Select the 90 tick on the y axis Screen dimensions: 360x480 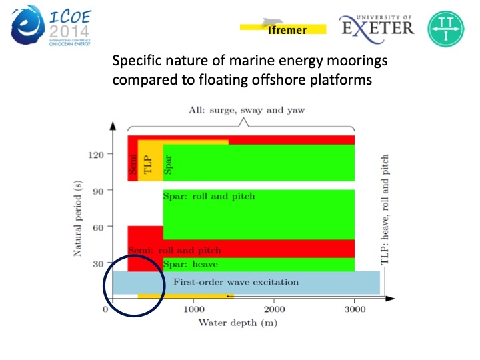coord(99,191)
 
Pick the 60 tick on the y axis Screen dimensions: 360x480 coord(99,227)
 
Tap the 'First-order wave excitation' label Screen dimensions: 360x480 coord(236,282)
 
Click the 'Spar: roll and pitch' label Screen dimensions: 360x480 coord(209,196)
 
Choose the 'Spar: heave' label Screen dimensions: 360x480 coord(190,264)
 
